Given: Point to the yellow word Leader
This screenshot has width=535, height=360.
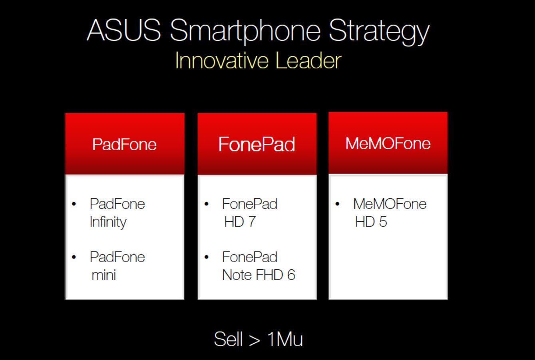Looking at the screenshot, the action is pos(308,61).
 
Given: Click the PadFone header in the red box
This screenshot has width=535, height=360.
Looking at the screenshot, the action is pos(124,145).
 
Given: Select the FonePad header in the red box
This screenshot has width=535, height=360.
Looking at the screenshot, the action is pos(257,144).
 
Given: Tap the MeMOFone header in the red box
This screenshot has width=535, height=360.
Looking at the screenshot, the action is pos(388,143).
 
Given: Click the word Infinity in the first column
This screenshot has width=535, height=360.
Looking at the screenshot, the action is pos(108,222).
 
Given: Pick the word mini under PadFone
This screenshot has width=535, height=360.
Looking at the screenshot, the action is pos(103,275).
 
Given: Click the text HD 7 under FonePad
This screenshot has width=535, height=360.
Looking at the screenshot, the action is pos(240,222).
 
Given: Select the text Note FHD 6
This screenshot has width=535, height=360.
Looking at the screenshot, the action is pos(259,275).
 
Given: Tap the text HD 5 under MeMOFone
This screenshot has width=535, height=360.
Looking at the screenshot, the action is pos(371,222).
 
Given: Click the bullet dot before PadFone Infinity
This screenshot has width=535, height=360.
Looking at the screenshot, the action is pos(74,204).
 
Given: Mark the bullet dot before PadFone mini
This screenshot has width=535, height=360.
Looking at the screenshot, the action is pos(74,257).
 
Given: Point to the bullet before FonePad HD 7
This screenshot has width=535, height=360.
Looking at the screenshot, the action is pos(207,204).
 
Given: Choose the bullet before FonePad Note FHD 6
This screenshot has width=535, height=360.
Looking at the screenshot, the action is pos(207,257).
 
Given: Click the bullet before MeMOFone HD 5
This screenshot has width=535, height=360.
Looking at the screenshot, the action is pos(337,204).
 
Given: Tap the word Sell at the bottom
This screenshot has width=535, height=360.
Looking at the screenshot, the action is pos(228,339).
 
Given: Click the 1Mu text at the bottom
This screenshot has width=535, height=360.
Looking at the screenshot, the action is pos(285,339).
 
